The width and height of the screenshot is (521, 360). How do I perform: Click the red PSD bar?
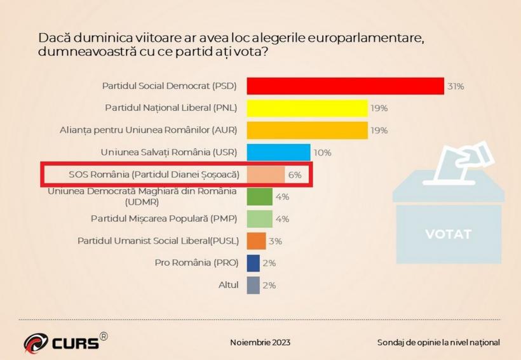tap(345, 86)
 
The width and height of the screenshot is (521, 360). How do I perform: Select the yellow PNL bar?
tap(307, 108)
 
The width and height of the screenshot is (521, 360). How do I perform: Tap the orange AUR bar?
tap(307, 130)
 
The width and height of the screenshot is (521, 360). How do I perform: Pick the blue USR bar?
tap(278, 152)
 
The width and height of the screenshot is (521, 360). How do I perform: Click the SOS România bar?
tap(266, 174)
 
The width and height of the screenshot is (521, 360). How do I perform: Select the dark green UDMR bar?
tap(259, 196)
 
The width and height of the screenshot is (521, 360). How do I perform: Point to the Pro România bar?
tap(253, 263)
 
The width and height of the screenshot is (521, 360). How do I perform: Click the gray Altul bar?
tap(253, 285)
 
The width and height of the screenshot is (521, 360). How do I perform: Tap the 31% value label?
tap(455, 86)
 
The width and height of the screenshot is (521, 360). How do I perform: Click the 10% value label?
tap(323, 153)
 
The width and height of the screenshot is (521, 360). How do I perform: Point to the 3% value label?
tap(275, 241)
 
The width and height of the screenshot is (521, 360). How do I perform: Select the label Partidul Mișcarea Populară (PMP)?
tap(164, 219)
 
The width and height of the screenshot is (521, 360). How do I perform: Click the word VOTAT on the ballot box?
tap(448, 234)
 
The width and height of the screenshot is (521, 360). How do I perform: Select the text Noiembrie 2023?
tap(260, 342)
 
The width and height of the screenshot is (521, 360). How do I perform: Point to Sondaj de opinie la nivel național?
tap(438, 342)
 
